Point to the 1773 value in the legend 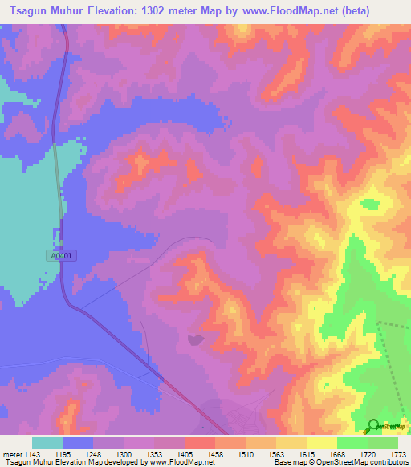coord(398,455)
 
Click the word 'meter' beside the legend coord(12,455)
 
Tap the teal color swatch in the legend coord(47,442)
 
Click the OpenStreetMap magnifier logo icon coord(373,427)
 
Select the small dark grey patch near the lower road coord(195,340)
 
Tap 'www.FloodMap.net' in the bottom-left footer coord(172,462)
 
